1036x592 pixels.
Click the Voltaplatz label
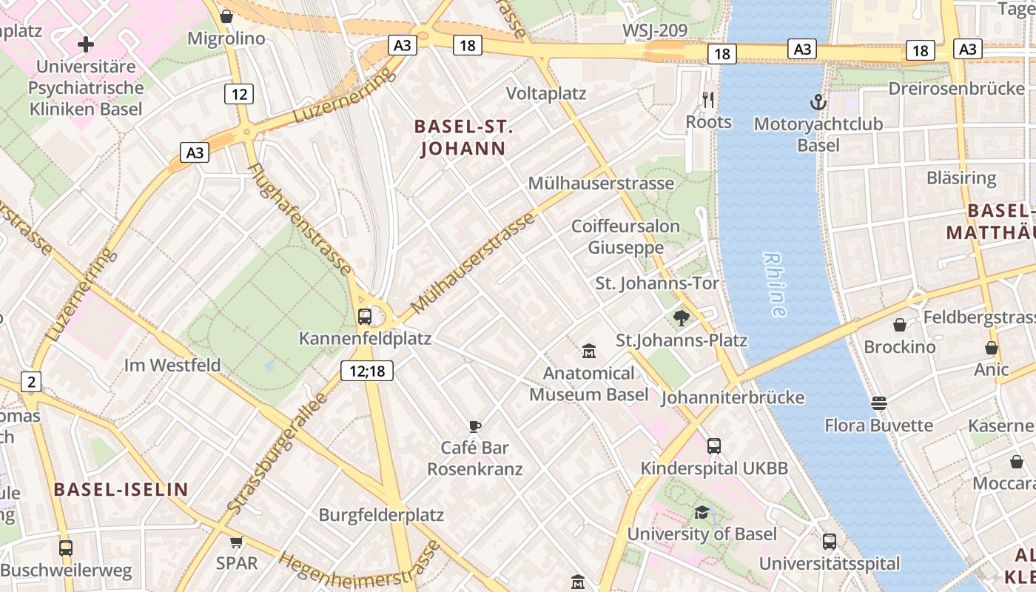pyautogui.click(x=546, y=94)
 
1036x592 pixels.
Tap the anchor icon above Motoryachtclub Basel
pyautogui.click(x=818, y=101)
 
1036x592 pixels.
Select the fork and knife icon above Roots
pyautogui.click(x=708, y=100)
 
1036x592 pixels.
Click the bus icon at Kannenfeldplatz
pyautogui.click(x=365, y=317)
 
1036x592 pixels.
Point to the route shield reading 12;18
pyautogui.click(x=367, y=371)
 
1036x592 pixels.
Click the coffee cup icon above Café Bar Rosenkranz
pyautogui.click(x=474, y=426)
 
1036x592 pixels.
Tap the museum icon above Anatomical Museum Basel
pyautogui.click(x=589, y=350)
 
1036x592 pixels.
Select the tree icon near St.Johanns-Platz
pyautogui.click(x=681, y=318)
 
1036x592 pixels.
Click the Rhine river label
pyautogui.click(x=774, y=285)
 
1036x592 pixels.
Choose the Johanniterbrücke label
pyautogui.click(x=732, y=397)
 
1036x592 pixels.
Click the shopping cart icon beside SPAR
pyautogui.click(x=237, y=542)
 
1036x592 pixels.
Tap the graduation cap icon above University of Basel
pyautogui.click(x=702, y=512)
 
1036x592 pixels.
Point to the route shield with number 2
pyautogui.click(x=31, y=382)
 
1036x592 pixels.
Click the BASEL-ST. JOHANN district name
pyautogui.click(x=463, y=138)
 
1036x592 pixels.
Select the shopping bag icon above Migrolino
pyautogui.click(x=227, y=16)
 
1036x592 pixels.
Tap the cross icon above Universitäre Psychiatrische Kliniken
pyautogui.click(x=86, y=44)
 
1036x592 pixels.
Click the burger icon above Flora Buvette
pyautogui.click(x=878, y=403)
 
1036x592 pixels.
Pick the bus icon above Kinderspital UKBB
pyautogui.click(x=713, y=446)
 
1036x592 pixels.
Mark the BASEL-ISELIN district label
pyautogui.click(x=121, y=489)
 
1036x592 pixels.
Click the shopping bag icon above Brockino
pyautogui.click(x=900, y=325)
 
